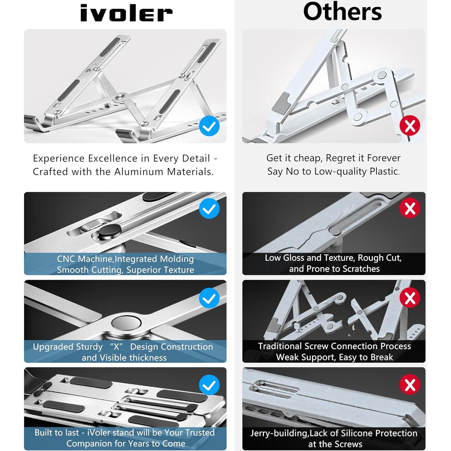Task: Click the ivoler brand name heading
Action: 126,13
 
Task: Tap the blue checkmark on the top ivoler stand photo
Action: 209,126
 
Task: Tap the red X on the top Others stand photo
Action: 410,126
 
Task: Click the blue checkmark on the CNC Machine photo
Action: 209,208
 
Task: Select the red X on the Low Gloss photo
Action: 410,208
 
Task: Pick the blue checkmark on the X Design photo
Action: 209,298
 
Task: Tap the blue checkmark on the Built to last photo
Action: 209,385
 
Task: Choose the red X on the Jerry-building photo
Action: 410,384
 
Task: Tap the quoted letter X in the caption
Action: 116,347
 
